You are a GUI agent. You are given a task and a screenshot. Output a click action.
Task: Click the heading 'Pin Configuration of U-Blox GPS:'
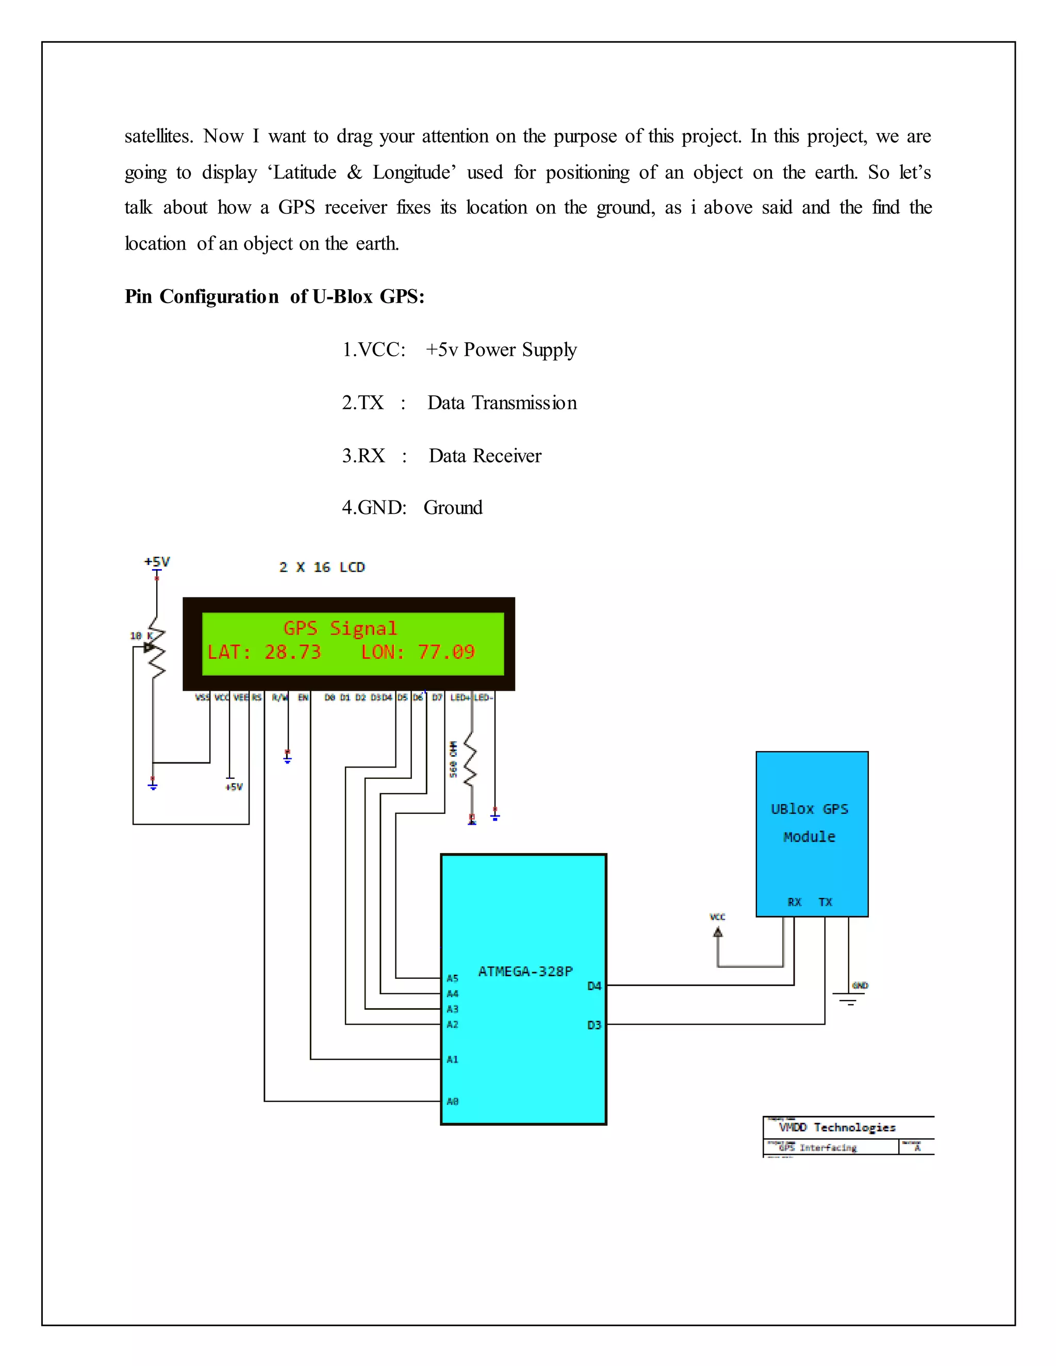coord(274,296)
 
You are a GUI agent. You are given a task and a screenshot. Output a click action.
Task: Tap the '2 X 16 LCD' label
coord(322,568)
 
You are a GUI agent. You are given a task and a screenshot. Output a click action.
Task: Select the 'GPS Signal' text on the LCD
coord(340,628)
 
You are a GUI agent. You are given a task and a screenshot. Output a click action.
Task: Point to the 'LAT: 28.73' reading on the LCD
coord(263,653)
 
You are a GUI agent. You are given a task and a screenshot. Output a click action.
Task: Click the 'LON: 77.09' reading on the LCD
coord(417,653)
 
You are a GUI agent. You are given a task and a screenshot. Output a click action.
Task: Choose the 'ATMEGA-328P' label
coord(525,971)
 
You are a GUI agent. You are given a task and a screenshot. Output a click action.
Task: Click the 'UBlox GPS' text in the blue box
coord(810,809)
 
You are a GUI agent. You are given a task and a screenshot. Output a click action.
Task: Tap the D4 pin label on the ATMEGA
coord(593,986)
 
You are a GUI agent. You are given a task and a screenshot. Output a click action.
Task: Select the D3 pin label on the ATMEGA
coord(593,1025)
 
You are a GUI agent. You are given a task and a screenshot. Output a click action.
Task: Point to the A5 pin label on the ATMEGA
coord(452,978)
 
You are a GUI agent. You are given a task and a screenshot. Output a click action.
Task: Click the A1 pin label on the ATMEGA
coord(452,1059)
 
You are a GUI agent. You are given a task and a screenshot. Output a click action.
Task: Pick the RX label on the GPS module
coord(795,902)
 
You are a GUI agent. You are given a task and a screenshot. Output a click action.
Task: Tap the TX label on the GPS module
coord(825,902)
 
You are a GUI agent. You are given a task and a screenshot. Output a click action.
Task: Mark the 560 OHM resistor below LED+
coord(470,763)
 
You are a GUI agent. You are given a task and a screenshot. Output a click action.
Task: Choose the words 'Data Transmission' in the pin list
coord(502,403)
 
